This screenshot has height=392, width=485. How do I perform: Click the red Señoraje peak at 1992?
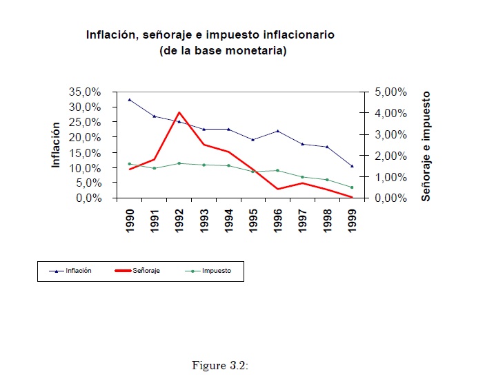click(179, 112)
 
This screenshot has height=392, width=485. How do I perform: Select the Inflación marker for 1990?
click(130, 100)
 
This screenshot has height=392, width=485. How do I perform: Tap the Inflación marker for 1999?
click(353, 166)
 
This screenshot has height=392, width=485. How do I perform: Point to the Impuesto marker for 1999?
click(353, 187)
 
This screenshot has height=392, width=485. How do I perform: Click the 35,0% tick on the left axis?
click(87, 92)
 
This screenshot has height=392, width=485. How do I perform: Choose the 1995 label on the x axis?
click(254, 220)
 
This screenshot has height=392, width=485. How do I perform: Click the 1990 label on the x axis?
click(130, 220)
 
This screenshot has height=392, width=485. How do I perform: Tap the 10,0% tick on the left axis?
click(87, 168)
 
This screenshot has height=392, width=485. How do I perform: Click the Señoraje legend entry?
click(146, 271)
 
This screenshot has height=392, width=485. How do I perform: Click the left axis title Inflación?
click(57, 145)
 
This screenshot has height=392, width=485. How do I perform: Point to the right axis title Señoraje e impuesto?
click(426, 145)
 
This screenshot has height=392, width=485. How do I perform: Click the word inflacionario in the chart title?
click(292, 34)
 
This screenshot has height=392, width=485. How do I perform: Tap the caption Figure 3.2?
click(219, 365)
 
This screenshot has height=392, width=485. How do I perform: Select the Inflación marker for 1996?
click(278, 131)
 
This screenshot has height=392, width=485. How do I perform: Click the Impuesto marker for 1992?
click(179, 163)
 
